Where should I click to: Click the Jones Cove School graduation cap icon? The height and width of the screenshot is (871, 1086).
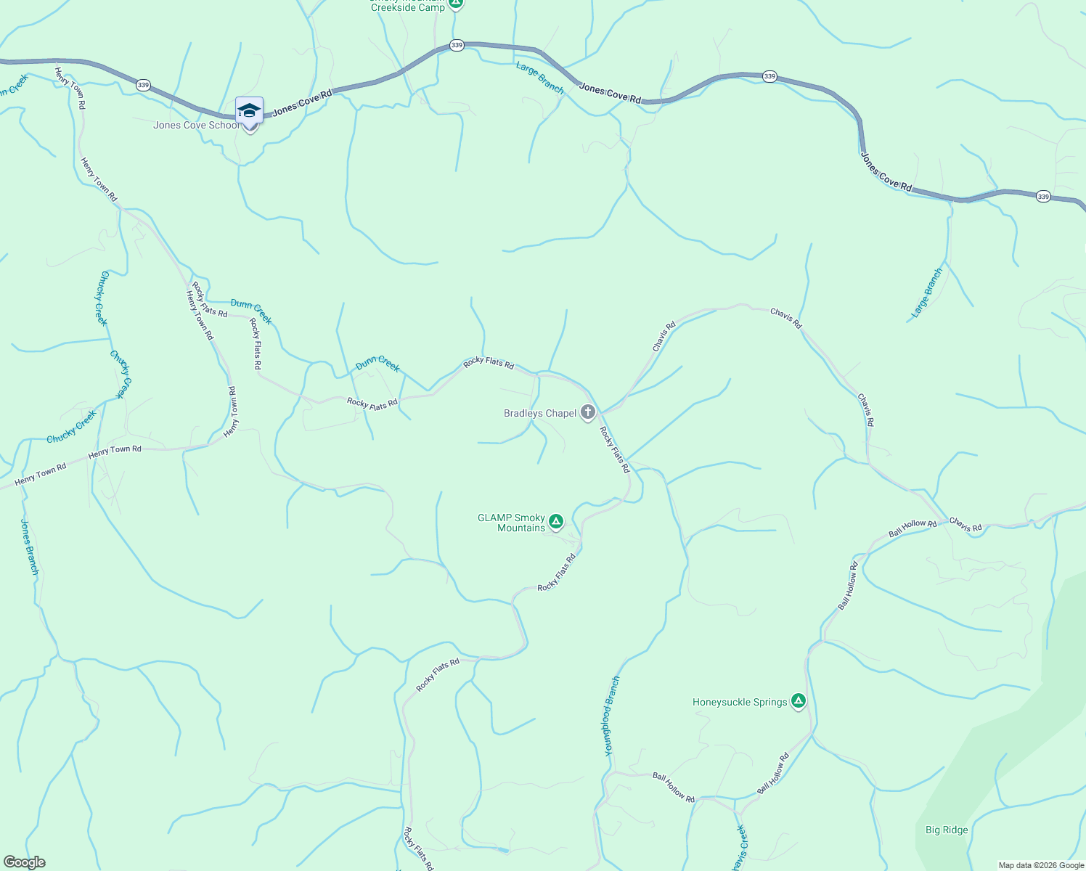[249, 110]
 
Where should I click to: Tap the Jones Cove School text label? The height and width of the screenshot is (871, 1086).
[196, 126]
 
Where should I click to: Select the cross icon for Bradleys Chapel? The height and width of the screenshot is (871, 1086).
[588, 412]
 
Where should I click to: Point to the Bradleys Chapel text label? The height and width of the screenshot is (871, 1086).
[540, 414]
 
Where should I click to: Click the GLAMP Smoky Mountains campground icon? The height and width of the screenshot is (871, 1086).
[556, 521]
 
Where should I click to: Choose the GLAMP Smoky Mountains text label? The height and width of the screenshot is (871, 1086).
[512, 523]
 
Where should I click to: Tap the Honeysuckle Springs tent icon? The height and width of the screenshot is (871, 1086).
[799, 700]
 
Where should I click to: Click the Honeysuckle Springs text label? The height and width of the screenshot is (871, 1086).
[740, 703]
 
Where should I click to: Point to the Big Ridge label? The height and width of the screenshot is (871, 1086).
[947, 830]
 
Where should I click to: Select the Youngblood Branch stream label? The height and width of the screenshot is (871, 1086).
[612, 716]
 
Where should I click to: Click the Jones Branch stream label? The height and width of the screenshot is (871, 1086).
[29, 547]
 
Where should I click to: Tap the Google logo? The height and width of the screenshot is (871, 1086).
[25, 862]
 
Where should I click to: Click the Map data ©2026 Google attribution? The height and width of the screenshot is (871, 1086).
[1041, 865]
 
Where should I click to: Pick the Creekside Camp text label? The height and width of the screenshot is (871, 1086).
[408, 7]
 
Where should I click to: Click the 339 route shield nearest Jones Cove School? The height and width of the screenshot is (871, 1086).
[143, 85]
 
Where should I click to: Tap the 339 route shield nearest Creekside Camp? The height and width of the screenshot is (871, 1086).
[456, 45]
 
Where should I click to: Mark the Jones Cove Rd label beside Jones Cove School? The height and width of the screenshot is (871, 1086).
[302, 103]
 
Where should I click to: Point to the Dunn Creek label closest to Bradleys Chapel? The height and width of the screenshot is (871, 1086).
[377, 363]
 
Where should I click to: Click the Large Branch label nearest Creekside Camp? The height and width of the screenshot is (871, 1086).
[539, 78]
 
